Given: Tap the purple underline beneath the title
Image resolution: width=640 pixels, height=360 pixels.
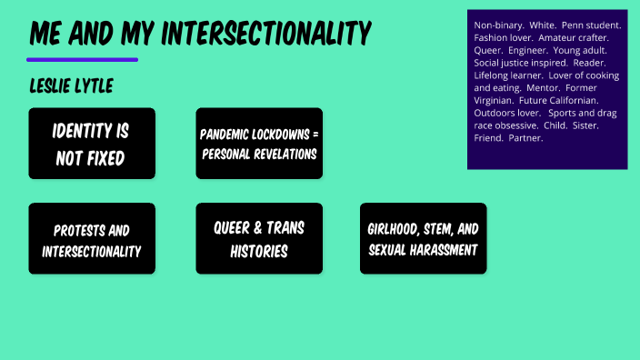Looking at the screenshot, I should pos(82,60).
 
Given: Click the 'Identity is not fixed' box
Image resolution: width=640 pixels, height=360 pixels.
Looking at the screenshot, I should pos(92,144).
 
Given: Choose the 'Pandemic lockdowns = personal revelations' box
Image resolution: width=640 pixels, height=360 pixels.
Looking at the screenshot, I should pos(259,144).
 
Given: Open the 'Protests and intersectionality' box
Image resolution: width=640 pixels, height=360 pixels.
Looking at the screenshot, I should pos(92,239).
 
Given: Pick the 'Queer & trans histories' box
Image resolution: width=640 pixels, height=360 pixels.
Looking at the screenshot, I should pos(259,239).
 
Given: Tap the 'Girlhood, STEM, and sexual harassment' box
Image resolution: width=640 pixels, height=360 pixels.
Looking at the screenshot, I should pos(423,239).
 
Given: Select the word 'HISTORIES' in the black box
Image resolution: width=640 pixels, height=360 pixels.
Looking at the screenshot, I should pos(259,250).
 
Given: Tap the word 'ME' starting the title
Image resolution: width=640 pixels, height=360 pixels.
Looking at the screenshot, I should pos(46,34).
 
